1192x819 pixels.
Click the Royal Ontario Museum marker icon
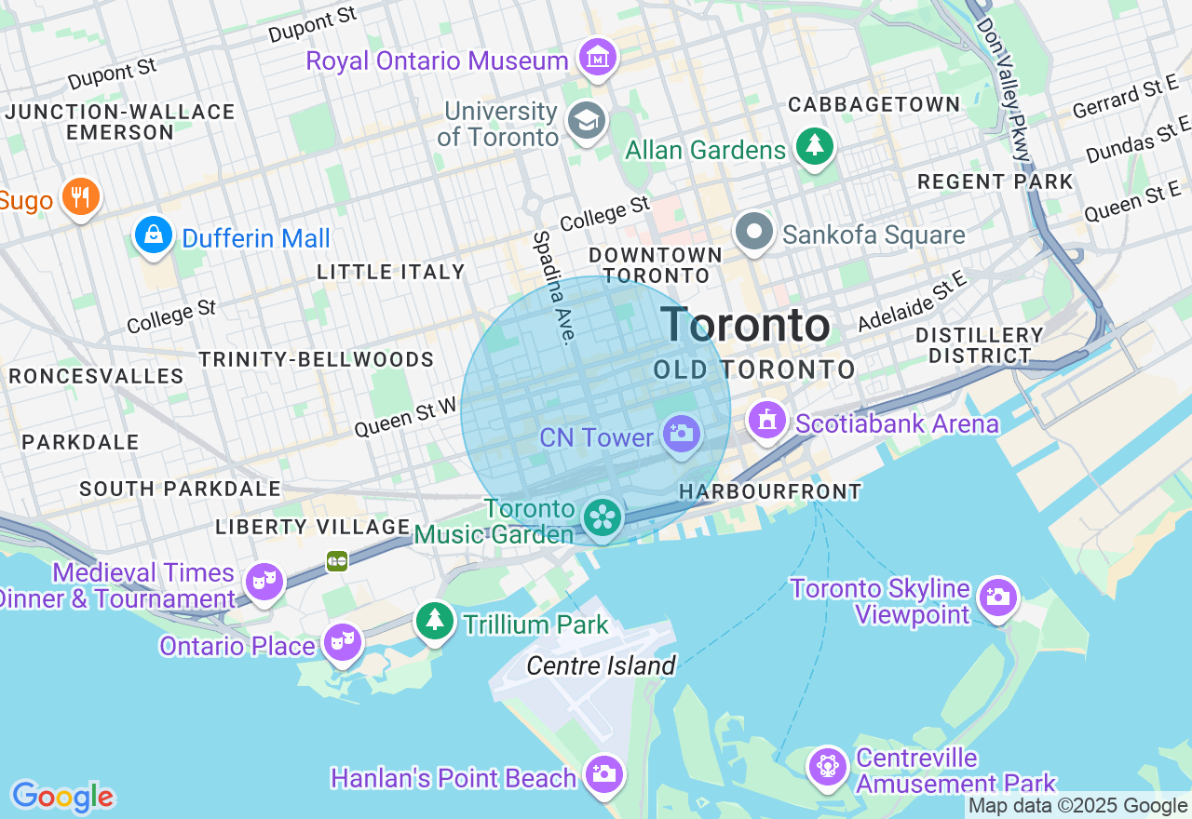click(x=598, y=59)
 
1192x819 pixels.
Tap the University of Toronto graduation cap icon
click(x=587, y=121)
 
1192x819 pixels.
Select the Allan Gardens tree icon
click(x=816, y=146)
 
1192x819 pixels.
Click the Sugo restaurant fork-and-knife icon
click(x=80, y=197)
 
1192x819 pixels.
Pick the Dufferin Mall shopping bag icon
click(x=153, y=235)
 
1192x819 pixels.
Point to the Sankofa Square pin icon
click(x=754, y=232)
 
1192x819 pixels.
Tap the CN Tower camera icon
click(x=682, y=434)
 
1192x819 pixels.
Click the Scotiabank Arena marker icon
click(x=767, y=421)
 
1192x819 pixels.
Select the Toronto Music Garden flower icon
click(x=603, y=517)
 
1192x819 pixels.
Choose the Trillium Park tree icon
click(x=434, y=620)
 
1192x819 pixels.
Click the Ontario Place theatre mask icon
click(x=343, y=641)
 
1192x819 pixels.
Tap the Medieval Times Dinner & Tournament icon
click(x=264, y=583)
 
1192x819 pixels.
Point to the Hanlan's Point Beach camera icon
click(x=603, y=773)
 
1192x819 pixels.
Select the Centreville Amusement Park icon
click(x=827, y=767)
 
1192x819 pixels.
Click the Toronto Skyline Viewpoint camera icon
click(x=998, y=597)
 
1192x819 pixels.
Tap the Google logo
click(x=62, y=797)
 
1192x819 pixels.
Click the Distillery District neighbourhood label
click(x=979, y=345)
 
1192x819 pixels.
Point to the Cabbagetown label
click(x=874, y=104)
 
